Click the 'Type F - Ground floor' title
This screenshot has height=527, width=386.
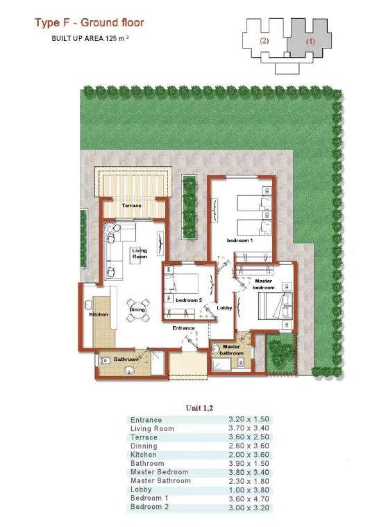pos(90,24)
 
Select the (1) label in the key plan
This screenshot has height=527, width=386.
pos(310,40)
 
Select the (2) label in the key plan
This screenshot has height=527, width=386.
pos(265,40)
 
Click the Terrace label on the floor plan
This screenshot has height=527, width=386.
pos(132,206)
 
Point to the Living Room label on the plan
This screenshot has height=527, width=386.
pos(140,253)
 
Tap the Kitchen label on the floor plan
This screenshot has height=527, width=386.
pos(99,314)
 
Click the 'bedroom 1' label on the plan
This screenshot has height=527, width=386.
pos(240,240)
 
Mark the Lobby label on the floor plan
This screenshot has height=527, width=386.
pos(224,307)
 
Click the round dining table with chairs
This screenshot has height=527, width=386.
pos(137,311)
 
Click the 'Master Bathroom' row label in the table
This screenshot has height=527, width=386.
pos(160,481)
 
